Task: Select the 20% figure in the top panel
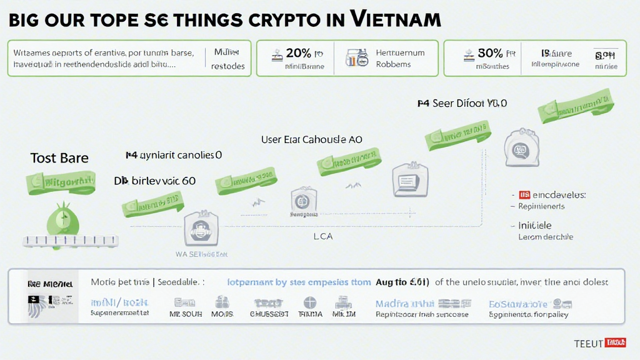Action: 299,53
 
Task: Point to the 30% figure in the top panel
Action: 490,53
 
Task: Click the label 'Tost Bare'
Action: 59,158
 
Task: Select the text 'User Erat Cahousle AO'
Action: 311,140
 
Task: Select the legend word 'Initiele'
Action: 535,225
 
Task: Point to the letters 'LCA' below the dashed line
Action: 322,236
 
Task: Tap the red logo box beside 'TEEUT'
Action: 616,343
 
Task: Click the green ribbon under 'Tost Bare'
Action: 61,182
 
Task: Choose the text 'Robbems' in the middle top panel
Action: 393,64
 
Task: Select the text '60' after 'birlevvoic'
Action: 187,181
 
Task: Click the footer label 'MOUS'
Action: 222,314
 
